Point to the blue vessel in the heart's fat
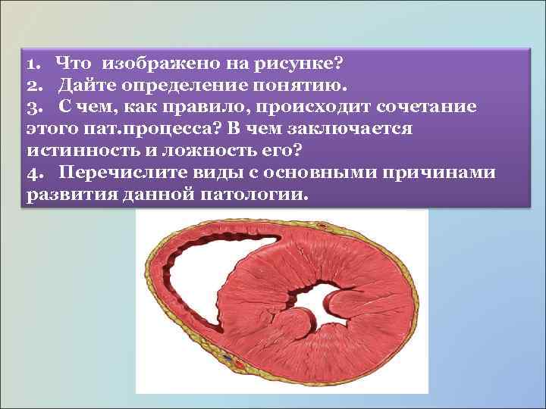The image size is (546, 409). tap(226, 355)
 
